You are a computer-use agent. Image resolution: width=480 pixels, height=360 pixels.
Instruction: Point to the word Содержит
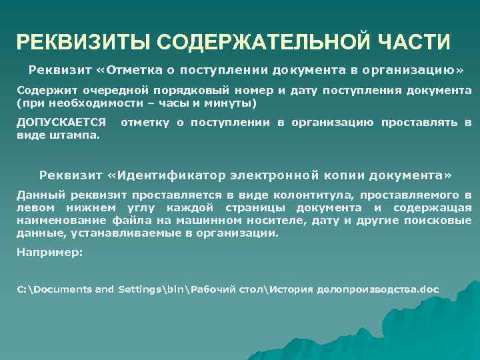click(42, 91)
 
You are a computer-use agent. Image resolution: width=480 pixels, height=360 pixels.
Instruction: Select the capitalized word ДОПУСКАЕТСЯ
click(61, 123)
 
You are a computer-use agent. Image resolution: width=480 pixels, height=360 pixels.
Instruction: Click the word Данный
click(37, 195)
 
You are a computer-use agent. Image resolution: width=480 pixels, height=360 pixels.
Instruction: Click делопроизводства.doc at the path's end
click(378, 289)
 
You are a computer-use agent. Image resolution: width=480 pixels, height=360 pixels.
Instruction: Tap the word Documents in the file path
click(62, 289)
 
